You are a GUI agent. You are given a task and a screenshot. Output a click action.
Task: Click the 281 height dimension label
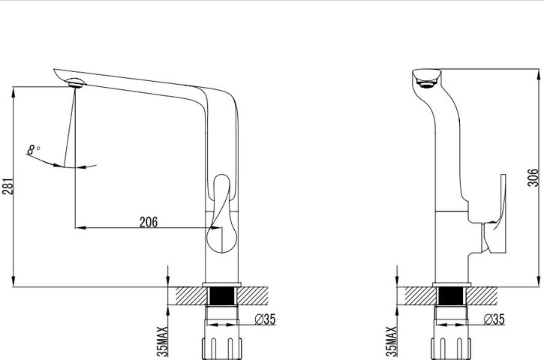click(x=8, y=186)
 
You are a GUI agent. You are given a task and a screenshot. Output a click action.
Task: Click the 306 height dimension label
click(x=533, y=178)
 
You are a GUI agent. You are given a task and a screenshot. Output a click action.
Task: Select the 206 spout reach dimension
click(x=149, y=222)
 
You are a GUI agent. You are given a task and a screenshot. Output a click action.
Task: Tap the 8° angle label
click(x=32, y=150)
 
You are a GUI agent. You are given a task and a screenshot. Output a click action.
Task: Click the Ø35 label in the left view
click(x=265, y=319)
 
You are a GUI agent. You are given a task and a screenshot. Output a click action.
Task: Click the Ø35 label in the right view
click(x=494, y=319)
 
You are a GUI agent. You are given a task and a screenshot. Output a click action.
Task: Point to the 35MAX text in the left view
click(x=162, y=341)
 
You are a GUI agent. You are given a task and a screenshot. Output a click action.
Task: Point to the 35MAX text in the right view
click(x=392, y=341)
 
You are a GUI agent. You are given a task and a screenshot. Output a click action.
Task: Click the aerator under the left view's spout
click(x=76, y=83)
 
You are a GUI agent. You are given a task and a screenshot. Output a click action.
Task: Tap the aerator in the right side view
click(x=426, y=83)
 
